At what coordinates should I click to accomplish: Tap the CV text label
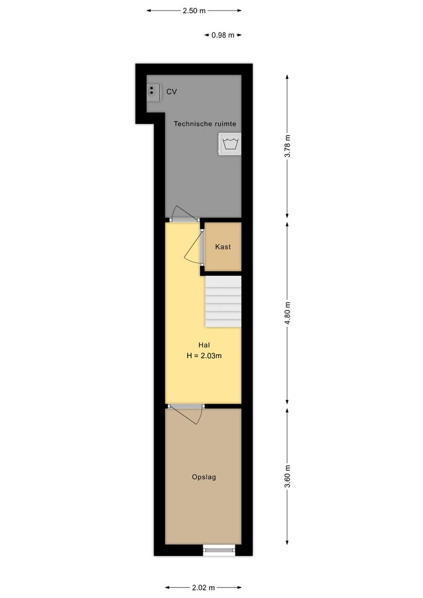[x=171, y=92]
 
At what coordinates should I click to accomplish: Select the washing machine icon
[x=229, y=144]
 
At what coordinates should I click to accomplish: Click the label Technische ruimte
[x=204, y=123]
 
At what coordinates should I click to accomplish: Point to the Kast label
[x=223, y=247]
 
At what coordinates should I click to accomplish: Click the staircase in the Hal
[x=224, y=302]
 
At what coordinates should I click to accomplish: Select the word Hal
[x=204, y=345]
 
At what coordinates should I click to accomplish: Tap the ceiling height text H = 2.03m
[x=204, y=356]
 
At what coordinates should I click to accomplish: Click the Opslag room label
[x=204, y=477]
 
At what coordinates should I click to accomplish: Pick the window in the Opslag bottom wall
[x=219, y=550]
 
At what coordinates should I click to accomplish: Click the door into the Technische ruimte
[x=184, y=214]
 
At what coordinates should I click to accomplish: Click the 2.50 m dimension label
[x=194, y=11]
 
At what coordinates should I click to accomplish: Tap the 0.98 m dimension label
[x=223, y=35]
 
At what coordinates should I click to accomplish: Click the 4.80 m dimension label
[x=288, y=313]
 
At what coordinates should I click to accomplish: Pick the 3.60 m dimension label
[x=288, y=476]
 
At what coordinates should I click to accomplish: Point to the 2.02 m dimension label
[x=203, y=588]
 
